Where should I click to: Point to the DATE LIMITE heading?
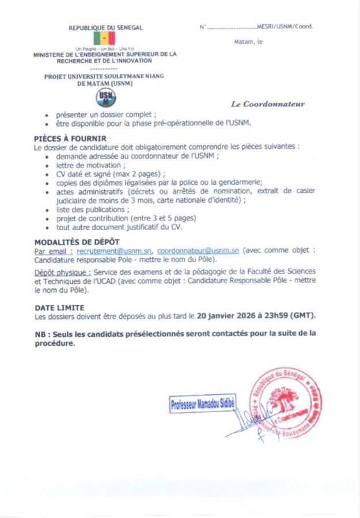[59, 308]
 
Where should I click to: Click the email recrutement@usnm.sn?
[114, 252]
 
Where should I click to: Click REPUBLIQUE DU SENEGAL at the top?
[105, 27]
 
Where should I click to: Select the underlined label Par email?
[53, 252]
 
